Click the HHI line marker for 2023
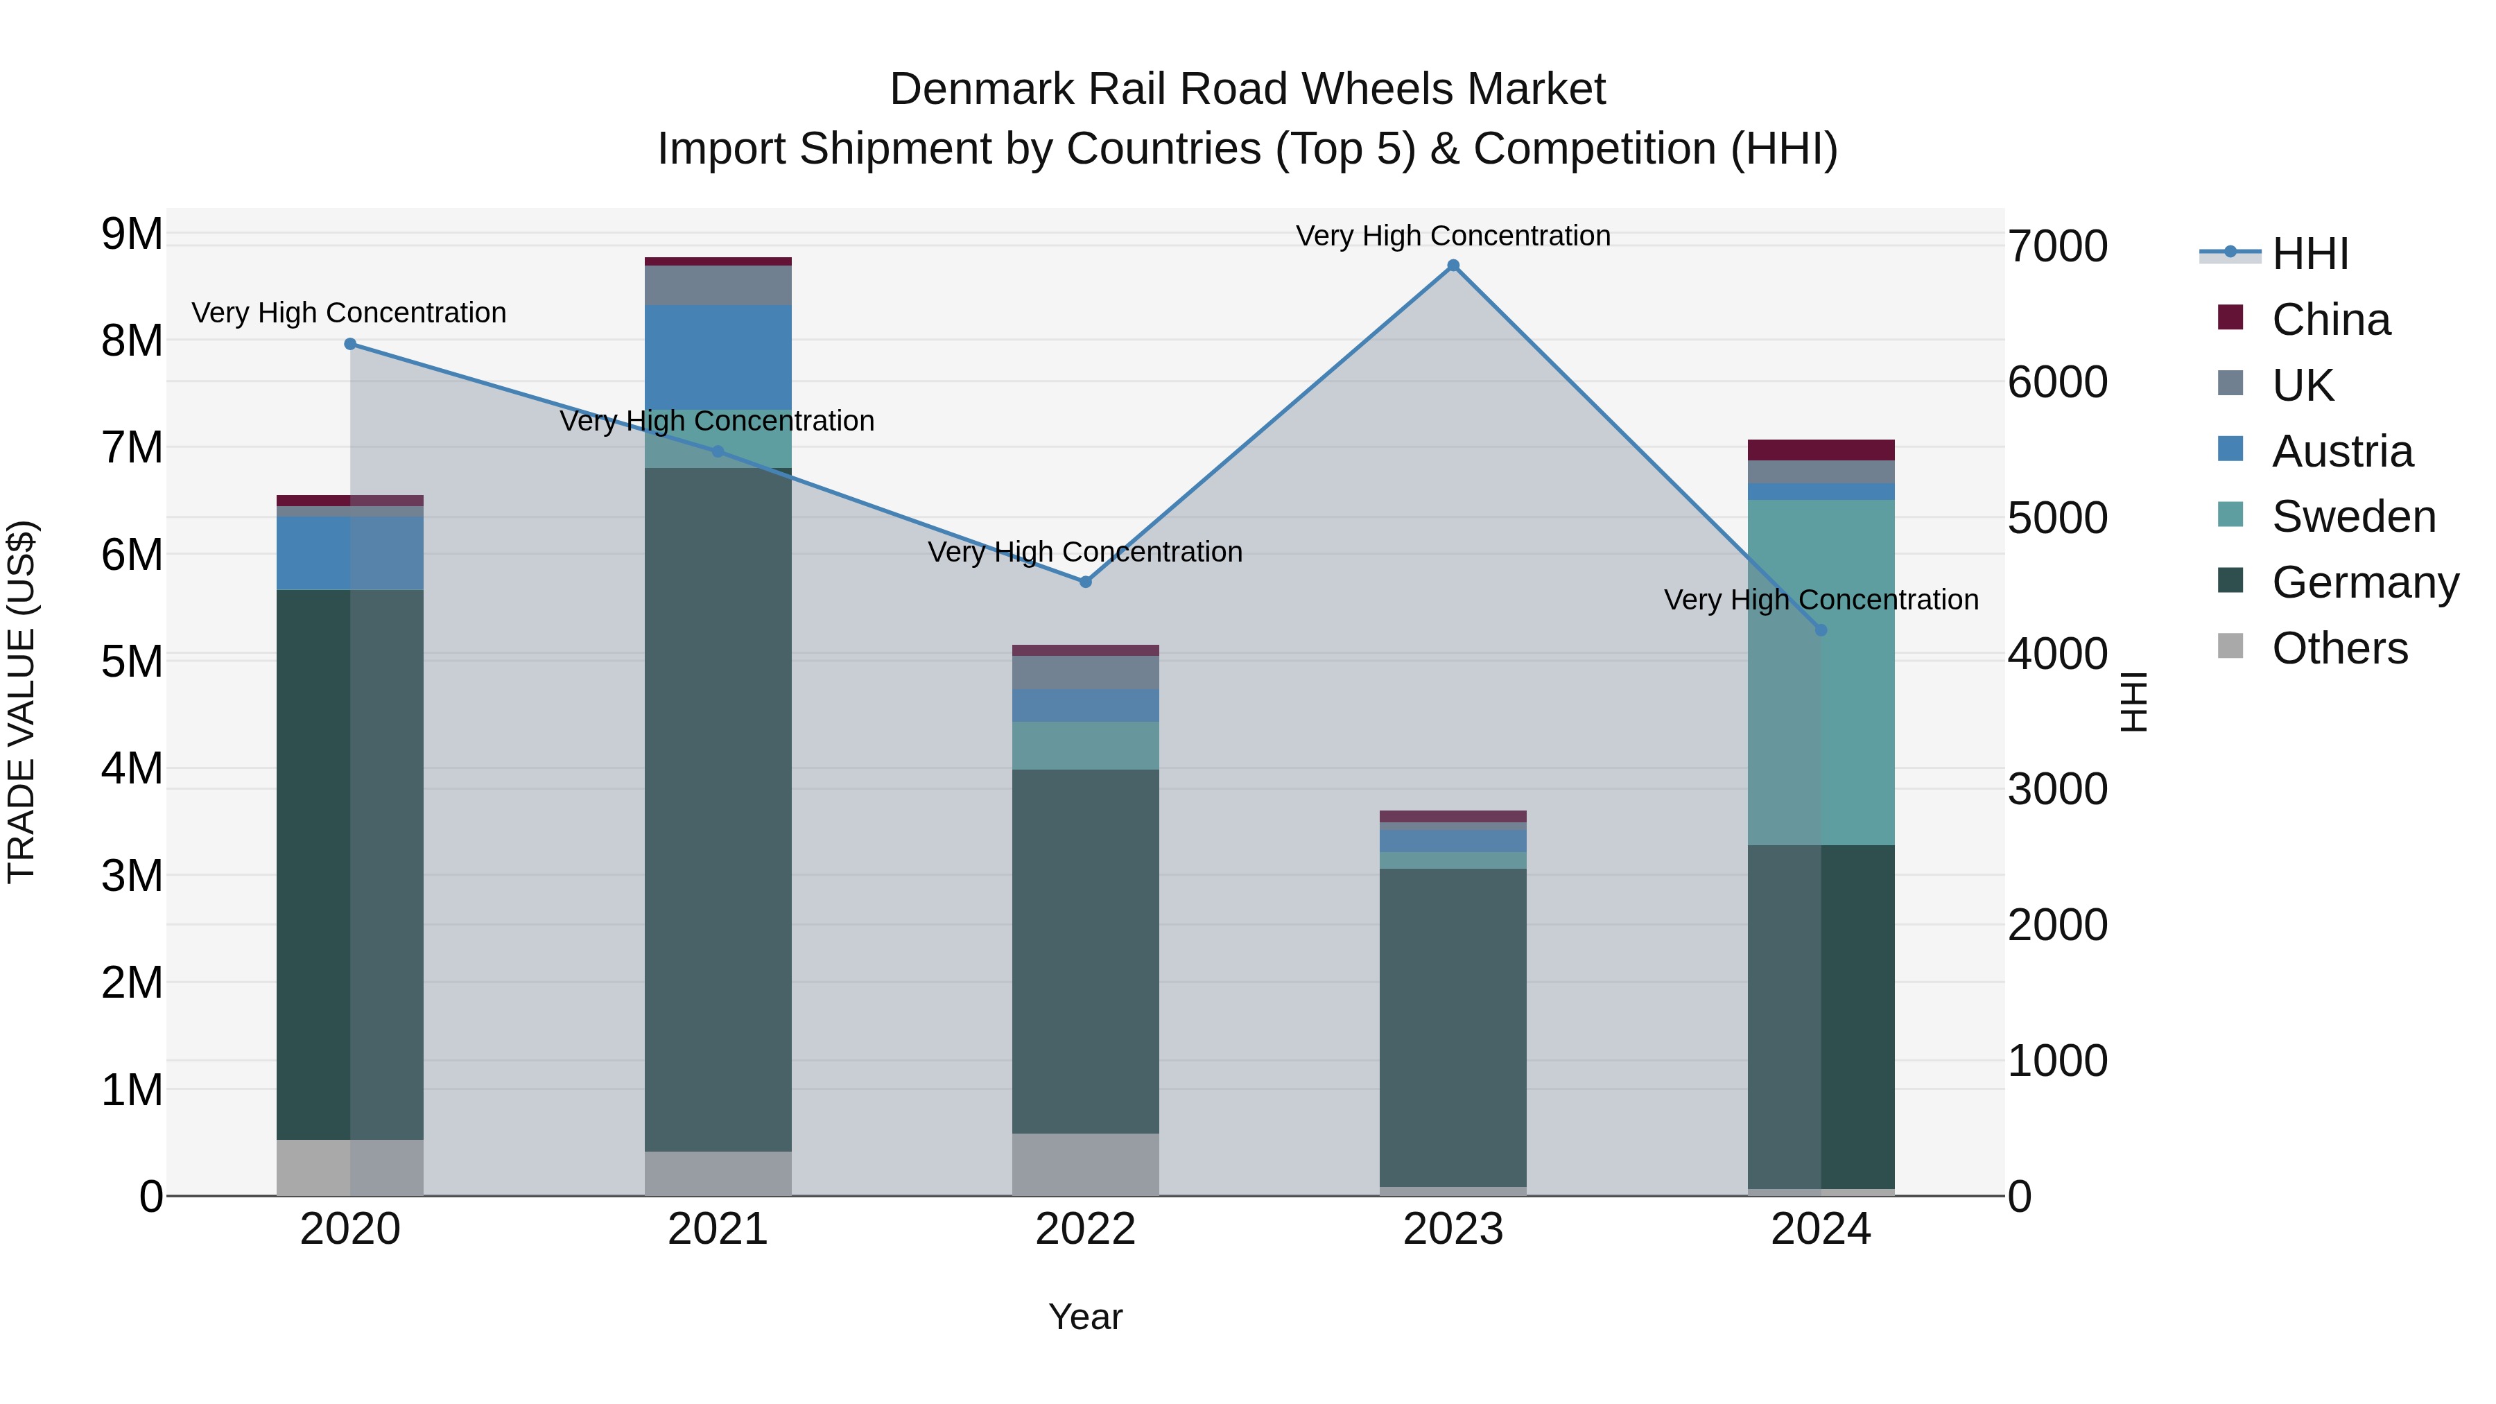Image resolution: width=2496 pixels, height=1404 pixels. [1453, 266]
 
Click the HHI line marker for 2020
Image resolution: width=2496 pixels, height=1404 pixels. [351, 344]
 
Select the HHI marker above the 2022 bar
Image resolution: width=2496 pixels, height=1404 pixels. [1085, 582]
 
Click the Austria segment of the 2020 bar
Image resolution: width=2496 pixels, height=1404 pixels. [350, 553]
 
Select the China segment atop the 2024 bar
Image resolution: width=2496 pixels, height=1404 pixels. [1821, 449]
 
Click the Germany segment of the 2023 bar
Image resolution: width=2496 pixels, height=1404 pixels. [1453, 1027]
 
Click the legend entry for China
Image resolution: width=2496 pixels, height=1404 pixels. [2330, 320]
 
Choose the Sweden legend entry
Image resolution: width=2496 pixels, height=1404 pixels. [2352, 517]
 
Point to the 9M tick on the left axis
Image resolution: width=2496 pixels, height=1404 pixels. [132, 234]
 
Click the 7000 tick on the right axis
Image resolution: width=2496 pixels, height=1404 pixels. [2057, 246]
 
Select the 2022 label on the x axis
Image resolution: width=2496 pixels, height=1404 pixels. [1085, 1229]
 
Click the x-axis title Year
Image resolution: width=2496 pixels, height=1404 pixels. [1085, 1317]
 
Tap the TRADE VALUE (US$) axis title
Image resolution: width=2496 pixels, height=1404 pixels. [21, 702]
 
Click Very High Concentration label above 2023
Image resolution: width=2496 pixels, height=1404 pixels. [1453, 236]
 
